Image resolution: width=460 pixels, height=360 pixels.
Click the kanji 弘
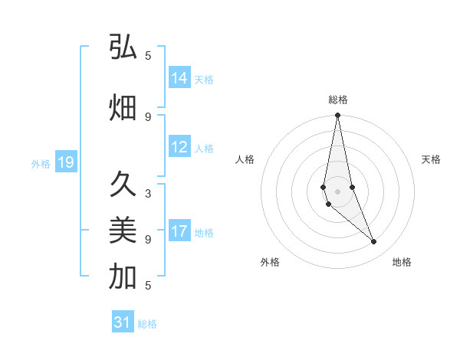(x=123, y=47)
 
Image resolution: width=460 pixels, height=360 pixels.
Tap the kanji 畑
(x=123, y=108)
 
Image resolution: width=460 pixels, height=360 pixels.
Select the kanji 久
(x=123, y=185)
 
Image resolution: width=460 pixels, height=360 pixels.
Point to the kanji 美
(x=123, y=229)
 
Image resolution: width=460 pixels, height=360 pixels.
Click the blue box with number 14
(x=179, y=78)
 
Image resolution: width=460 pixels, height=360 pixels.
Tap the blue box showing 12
(x=179, y=148)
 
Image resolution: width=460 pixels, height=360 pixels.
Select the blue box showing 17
(x=179, y=232)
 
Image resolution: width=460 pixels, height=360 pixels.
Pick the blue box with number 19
(x=65, y=162)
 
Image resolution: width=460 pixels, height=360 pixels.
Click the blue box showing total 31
(x=123, y=322)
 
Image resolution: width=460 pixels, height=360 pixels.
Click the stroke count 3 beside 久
(x=148, y=194)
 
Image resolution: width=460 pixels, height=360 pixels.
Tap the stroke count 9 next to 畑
(x=148, y=116)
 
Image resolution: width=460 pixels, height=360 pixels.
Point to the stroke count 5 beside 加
(x=148, y=286)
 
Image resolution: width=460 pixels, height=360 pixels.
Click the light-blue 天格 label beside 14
(x=204, y=79)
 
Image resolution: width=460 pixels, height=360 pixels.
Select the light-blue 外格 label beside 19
(x=40, y=163)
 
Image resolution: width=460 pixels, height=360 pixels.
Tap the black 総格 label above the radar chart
(x=337, y=100)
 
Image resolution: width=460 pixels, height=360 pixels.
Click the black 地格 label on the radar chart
(x=402, y=262)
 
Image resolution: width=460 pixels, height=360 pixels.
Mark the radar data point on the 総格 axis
(x=337, y=116)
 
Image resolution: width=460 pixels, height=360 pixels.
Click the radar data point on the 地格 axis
(x=374, y=242)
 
